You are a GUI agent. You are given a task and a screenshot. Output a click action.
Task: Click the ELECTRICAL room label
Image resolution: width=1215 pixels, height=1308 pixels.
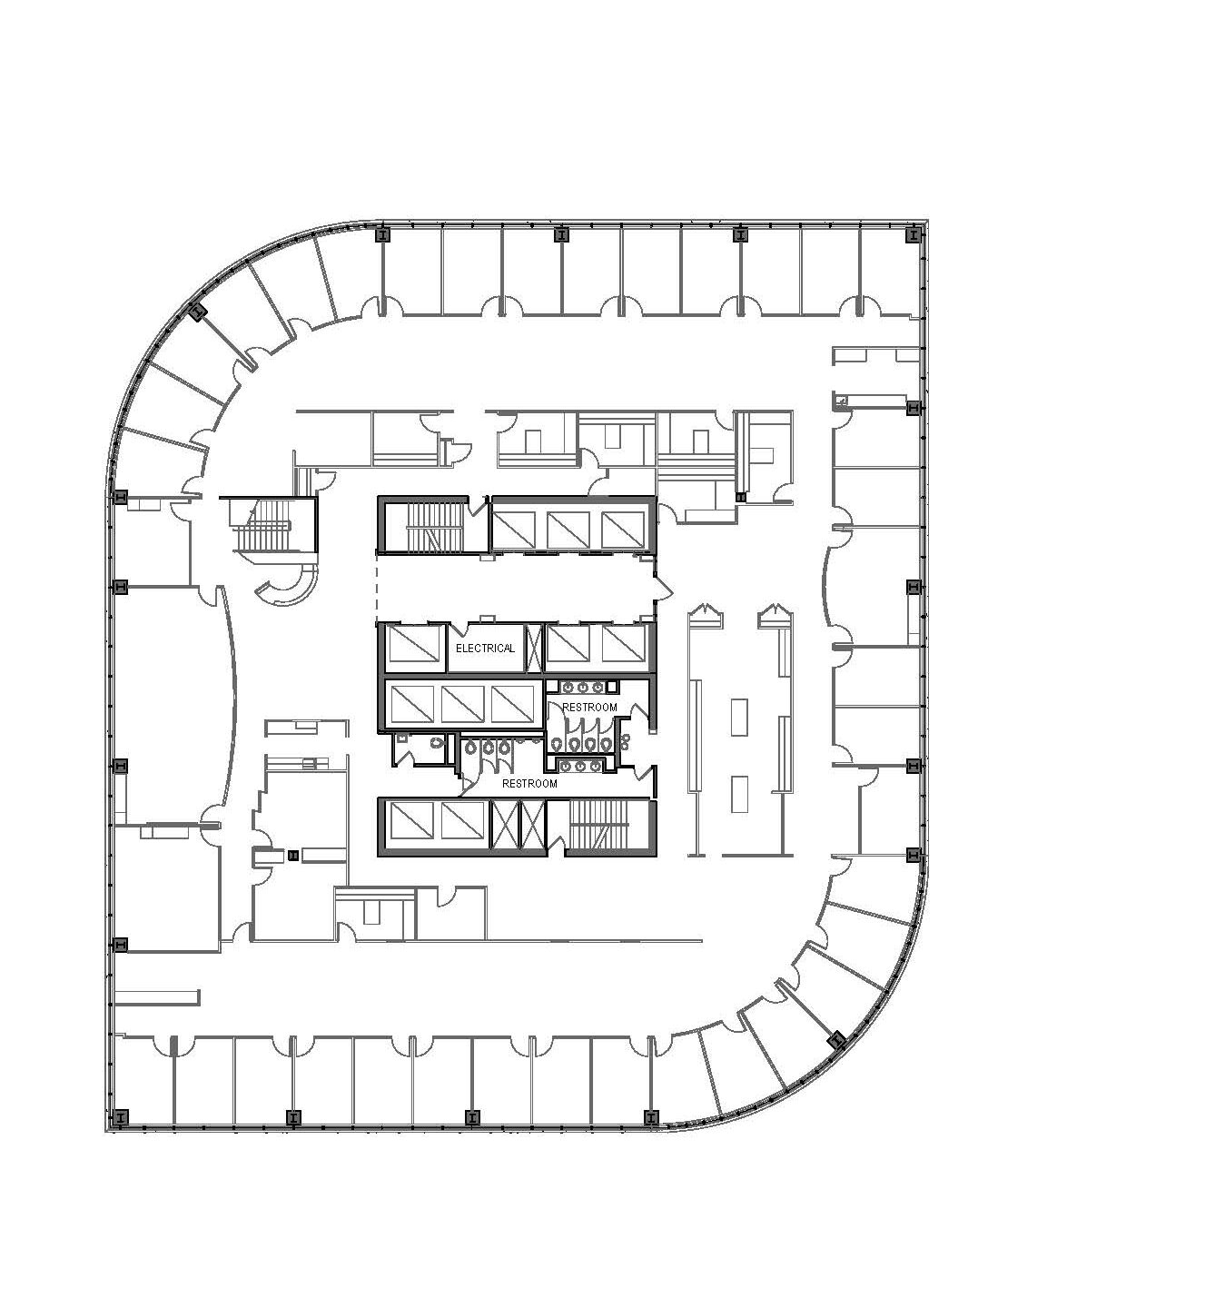pyautogui.click(x=485, y=648)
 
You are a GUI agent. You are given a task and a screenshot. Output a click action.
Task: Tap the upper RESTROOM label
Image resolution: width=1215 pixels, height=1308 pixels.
pyautogui.click(x=589, y=708)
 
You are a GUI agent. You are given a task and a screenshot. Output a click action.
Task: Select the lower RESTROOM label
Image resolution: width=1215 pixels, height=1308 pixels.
pyautogui.click(x=529, y=784)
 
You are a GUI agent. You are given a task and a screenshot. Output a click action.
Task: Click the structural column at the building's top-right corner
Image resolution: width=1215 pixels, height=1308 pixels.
pyautogui.click(x=914, y=235)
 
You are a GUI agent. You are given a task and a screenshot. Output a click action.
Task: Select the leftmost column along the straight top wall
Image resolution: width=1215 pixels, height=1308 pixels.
pyautogui.click(x=382, y=235)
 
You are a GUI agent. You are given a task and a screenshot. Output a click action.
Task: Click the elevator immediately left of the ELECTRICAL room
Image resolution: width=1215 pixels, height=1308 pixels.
pyautogui.click(x=413, y=648)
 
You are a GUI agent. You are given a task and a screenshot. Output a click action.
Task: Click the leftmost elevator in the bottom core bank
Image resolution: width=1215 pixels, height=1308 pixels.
pyautogui.click(x=412, y=823)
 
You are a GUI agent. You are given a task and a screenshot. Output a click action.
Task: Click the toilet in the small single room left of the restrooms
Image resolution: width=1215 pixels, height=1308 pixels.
pyautogui.click(x=435, y=743)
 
